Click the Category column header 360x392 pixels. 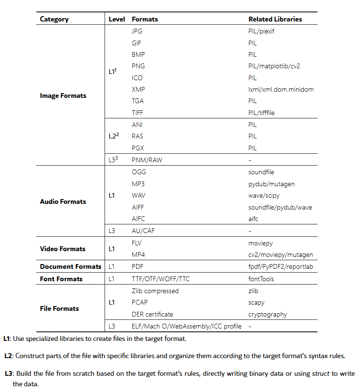pos(54,20)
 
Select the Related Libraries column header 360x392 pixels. pos(275,20)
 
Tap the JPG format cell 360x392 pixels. pos(137,31)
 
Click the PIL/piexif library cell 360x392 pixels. pos(261,31)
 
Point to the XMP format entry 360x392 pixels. pos(138,89)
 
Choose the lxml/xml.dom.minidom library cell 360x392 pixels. pos(281,89)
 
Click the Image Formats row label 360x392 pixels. pos(63,95)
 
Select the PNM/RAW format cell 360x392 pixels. pos(147,160)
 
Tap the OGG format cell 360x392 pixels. pos(139,172)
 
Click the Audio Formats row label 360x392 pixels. pos(63,201)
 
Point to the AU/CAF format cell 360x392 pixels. pos(143,231)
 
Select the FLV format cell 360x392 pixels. pos(137,243)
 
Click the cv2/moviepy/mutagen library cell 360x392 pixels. pos(281,254)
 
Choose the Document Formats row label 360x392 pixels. pos(71,266)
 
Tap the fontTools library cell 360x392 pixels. pos(261,279)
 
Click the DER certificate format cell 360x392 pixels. pos(155,314)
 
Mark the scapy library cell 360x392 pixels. pos(256,302)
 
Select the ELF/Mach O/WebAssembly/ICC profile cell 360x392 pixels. pos(186,326)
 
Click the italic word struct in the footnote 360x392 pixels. pos(320,373)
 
